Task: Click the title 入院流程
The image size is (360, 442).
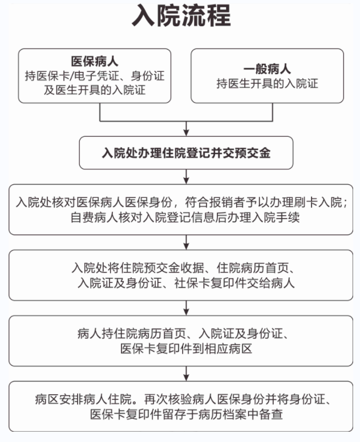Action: pyautogui.click(x=181, y=16)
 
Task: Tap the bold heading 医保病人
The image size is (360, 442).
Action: pyautogui.click(x=95, y=61)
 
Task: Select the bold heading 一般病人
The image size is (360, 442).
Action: pyautogui.click(x=267, y=68)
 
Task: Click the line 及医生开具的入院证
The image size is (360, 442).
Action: pyautogui.click(x=95, y=90)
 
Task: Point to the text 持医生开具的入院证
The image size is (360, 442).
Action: pyautogui.click(x=267, y=83)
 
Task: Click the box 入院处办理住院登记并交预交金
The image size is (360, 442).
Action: pyautogui.click(x=186, y=153)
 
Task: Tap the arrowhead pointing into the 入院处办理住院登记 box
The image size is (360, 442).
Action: pyautogui.click(x=186, y=132)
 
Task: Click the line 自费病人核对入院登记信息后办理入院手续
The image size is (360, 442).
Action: pyautogui.click(x=185, y=218)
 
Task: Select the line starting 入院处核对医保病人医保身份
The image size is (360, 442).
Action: pyautogui.click(x=182, y=202)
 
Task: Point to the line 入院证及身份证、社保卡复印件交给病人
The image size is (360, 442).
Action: pyautogui.click(x=186, y=283)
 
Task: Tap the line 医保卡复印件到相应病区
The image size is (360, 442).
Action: pyautogui.click(x=186, y=348)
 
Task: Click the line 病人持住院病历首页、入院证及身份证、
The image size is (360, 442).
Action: pyautogui.click(x=183, y=334)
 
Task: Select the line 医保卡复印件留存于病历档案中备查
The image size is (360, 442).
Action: pyautogui.click(x=186, y=415)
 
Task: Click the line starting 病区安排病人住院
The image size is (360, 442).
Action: pyautogui.click(x=183, y=399)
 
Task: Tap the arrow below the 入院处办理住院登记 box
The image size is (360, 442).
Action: pyautogui.click(x=186, y=177)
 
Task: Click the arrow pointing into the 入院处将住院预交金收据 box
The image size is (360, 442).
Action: pyautogui.click(x=186, y=242)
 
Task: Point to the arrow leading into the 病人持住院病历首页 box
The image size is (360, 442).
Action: pyautogui.click(x=186, y=308)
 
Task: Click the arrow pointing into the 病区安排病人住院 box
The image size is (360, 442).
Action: pyautogui.click(x=186, y=374)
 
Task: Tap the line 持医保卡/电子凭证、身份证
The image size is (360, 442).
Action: pyautogui.click(x=95, y=76)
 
